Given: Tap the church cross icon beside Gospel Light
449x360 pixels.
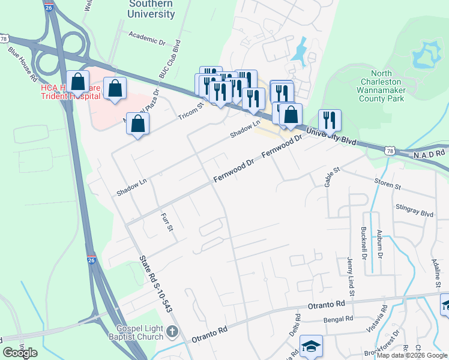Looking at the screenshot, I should (x=172, y=331).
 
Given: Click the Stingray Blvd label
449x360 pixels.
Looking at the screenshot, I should (x=415, y=213).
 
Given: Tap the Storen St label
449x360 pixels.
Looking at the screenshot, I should (x=387, y=186).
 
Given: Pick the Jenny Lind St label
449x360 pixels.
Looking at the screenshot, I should (x=350, y=276).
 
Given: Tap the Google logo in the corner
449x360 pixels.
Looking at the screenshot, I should (x=20, y=352).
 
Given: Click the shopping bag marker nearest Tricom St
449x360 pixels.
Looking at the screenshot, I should (x=138, y=124).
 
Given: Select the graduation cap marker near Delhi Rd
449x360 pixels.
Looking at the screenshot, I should (x=311, y=346).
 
